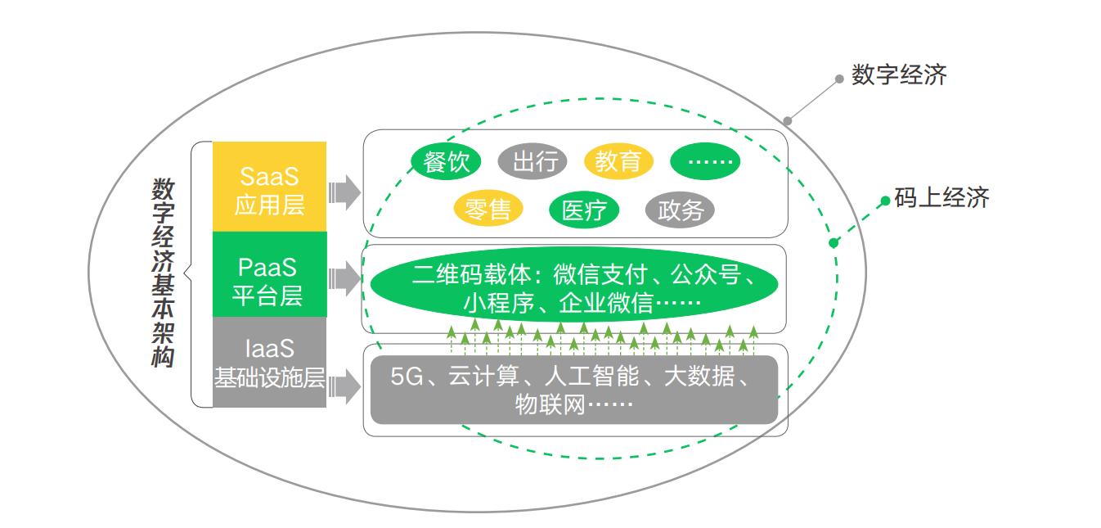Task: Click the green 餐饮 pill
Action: pos(446,161)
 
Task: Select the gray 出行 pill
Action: pos(533,161)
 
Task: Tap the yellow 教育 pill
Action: pos(618,161)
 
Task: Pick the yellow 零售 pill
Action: pos(487,210)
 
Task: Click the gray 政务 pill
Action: pos(680,210)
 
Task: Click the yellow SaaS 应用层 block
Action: pos(269,187)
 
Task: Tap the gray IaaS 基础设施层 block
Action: pos(269,363)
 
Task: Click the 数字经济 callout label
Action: pos(898,76)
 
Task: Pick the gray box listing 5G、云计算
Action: pos(573,390)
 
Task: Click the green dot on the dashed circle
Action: pos(834,242)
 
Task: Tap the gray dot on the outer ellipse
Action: pos(788,121)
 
